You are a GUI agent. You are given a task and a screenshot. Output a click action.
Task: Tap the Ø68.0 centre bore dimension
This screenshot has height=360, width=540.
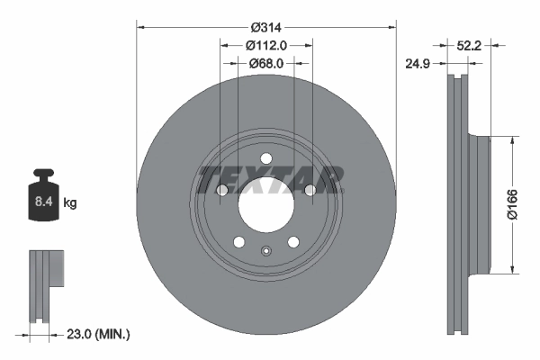pyautogui.click(x=265, y=63)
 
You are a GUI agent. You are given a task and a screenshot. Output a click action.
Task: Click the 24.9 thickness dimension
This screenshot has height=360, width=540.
pyautogui.click(x=414, y=63)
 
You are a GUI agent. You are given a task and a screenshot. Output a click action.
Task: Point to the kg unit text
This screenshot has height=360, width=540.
pyautogui.click(x=70, y=203)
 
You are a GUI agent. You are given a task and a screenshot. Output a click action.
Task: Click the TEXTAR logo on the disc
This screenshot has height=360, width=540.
pyautogui.click(x=271, y=179)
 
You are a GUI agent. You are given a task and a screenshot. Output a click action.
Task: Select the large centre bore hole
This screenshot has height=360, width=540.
pyautogui.click(x=265, y=203)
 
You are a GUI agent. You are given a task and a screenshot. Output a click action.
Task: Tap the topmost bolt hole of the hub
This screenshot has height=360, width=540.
pyautogui.click(x=265, y=159)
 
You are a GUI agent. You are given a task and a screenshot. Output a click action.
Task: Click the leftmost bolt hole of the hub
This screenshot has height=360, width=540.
pyautogui.click(x=222, y=190)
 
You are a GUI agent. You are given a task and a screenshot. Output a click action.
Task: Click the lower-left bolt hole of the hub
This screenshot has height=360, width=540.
pyautogui.click(x=238, y=241)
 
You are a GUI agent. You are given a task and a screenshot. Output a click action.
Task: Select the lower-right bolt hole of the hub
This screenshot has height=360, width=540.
pyautogui.click(x=292, y=241)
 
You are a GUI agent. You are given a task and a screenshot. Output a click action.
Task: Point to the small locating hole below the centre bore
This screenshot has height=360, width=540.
pyautogui.click(x=265, y=250)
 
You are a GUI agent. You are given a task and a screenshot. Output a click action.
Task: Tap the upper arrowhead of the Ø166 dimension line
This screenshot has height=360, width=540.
pyautogui.click(x=513, y=140)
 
